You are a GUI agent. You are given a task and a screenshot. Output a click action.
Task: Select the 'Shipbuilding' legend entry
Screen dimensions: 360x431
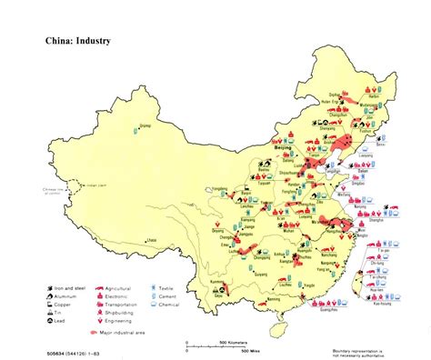tap(123, 309)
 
